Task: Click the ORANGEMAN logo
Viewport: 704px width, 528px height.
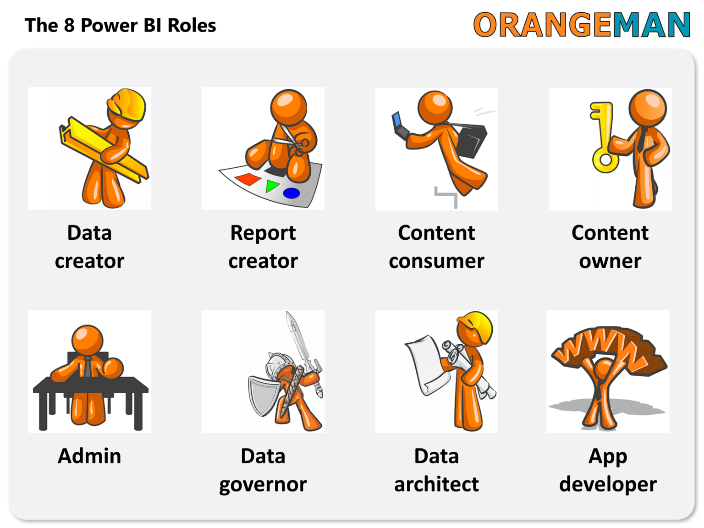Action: (581, 25)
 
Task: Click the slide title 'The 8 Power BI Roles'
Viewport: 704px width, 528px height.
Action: (120, 25)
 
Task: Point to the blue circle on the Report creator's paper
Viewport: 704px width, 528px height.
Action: (291, 193)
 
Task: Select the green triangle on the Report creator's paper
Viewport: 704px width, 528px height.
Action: (272, 186)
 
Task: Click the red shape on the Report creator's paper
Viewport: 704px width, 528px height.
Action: (248, 179)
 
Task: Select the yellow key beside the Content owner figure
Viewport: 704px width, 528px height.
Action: (603, 137)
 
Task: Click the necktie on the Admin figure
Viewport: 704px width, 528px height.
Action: (88, 367)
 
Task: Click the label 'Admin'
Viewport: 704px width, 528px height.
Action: (89, 456)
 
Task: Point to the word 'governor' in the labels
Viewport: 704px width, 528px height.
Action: (263, 484)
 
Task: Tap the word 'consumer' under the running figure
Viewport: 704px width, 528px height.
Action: (436, 261)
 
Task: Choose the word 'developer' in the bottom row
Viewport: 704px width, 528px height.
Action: (608, 484)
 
